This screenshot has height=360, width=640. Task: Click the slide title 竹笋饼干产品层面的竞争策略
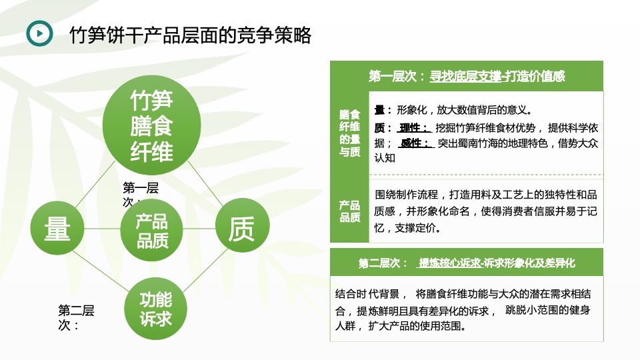[191, 35]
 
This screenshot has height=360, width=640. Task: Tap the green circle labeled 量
[57, 229]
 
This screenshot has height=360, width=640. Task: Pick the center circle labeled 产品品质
[151, 231]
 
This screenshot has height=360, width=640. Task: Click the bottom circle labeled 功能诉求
[156, 309]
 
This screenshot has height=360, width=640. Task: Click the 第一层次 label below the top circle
[140, 194]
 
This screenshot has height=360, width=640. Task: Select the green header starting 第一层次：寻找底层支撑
[467, 76]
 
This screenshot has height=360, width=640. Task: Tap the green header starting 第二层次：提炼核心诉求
[467, 263]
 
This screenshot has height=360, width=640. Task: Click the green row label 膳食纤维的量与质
[349, 133]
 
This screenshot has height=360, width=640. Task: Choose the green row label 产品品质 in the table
[349, 211]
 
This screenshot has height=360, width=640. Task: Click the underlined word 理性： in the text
[413, 127]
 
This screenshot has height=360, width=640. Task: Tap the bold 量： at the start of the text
[383, 110]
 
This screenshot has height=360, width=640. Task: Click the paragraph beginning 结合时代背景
[466, 310]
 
